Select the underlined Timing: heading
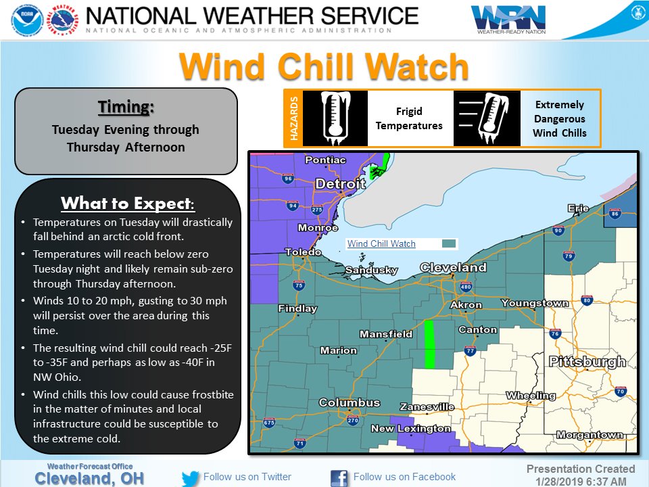point(126,108)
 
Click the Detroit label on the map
point(339,183)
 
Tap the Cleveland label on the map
point(453,267)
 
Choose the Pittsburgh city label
point(587,362)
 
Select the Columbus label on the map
point(349,402)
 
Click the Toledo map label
point(302,252)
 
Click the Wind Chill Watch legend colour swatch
point(448,244)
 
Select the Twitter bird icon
point(191,478)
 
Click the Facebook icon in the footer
point(339,478)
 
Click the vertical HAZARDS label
point(293,118)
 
